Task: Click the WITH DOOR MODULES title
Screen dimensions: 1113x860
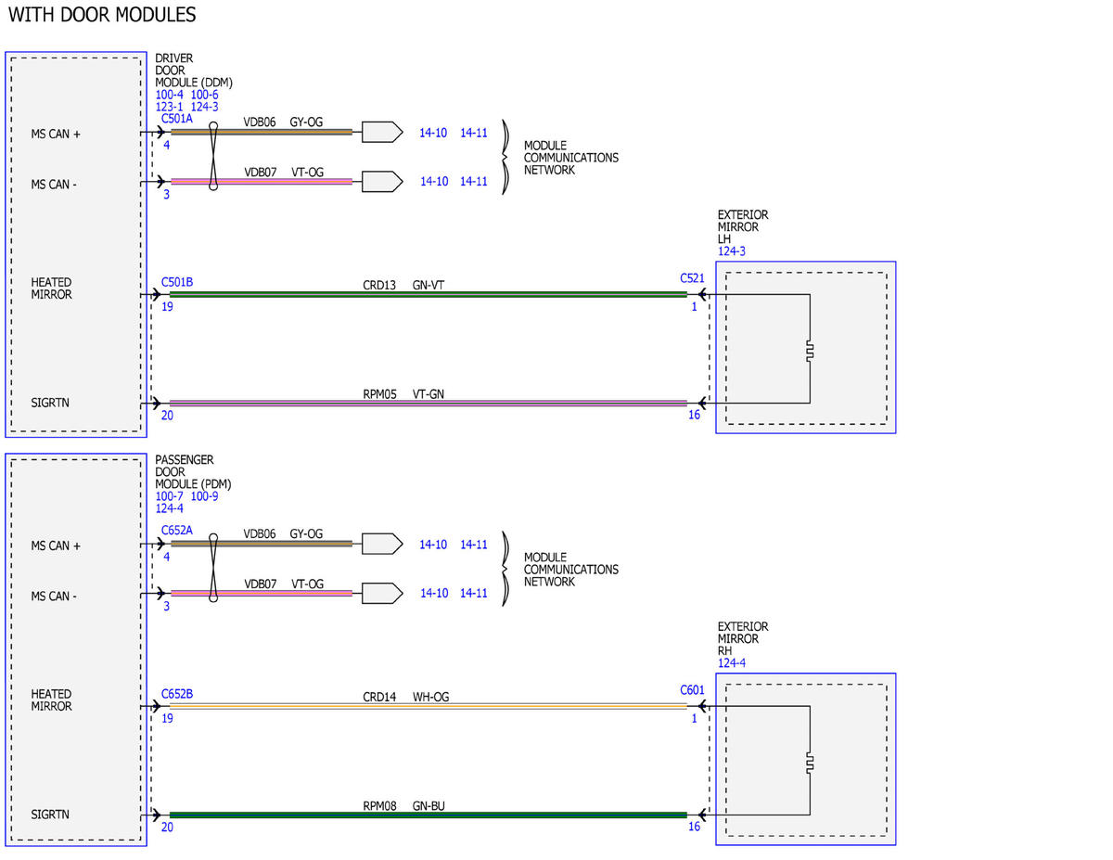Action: click(x=102, y=15)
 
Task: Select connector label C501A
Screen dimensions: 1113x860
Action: click(x=177, y=119)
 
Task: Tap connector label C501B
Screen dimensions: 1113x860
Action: click(x=177, y=282)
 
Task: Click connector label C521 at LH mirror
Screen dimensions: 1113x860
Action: click(x=692, y=278)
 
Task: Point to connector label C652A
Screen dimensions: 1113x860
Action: click(x=177, y=530)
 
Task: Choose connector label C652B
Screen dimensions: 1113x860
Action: click(x=177, y=694)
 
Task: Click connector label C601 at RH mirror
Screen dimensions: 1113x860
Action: click(x=692, y=690)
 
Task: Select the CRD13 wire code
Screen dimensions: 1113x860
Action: click(x=379, y=286)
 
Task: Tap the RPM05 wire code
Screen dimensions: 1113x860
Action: click(x=379, y=394)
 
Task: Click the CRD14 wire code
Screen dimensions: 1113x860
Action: click(x=379, y=697)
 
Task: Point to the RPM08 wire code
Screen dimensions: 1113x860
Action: click(x=379, y=806)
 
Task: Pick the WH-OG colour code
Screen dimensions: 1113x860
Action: click(x=430, y=697)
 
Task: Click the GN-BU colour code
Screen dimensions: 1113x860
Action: click(x=429, y=806)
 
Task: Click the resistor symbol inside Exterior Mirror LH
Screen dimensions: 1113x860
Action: click(x=810, y=351)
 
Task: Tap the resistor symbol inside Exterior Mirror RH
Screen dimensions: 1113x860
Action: click(x=810, y=763)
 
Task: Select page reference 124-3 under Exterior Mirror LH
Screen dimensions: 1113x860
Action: click(x=732, y=251)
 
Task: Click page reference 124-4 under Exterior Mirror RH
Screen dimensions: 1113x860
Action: click(x=732, y=663)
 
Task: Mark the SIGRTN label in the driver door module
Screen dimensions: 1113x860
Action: click(x=50, y=404)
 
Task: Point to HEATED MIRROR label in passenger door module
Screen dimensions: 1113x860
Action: click(x=51, y=700)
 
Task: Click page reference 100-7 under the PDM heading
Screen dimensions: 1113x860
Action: click(x=169, y=496)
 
